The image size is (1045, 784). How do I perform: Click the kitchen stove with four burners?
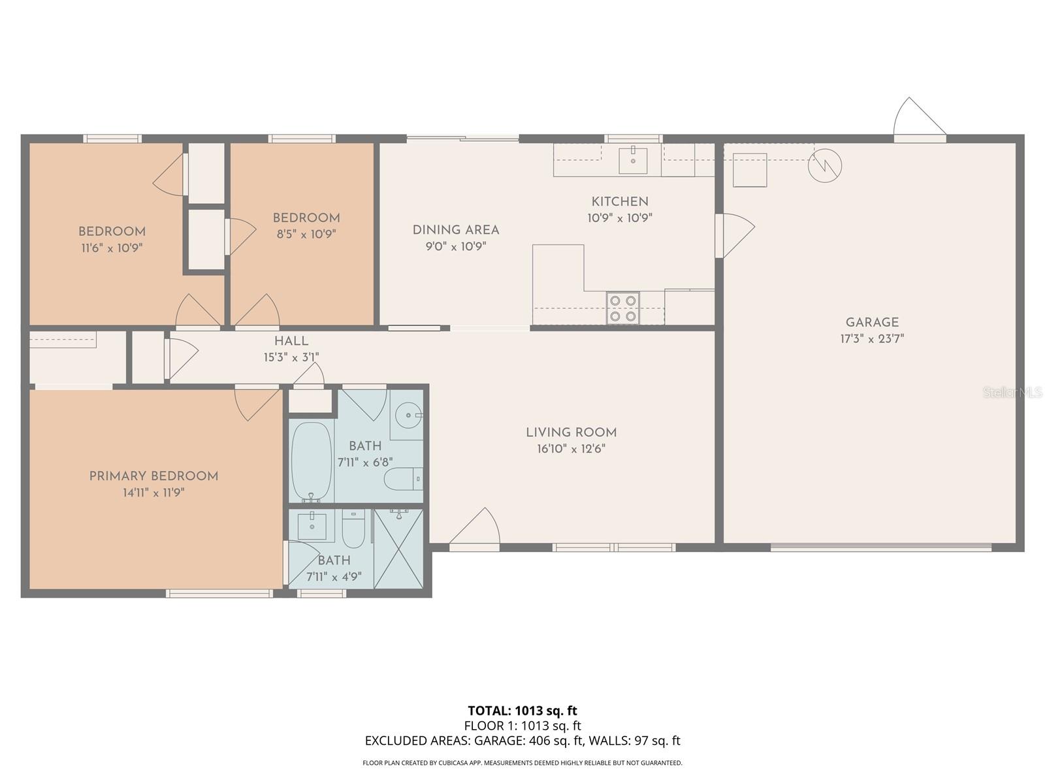pyautogui.click(x=622, y=308)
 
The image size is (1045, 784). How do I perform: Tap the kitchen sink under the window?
pyautogui.click(x=633, y=160)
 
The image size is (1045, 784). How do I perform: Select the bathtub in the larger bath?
pyautogui.click(x=312, y=461)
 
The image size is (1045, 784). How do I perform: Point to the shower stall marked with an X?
pyautogui.click(x=398, y=548)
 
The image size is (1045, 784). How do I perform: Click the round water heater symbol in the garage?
pyautogui.click(x=824, y=165)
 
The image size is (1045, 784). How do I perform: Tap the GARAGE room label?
pyautogui.click(x=872, y=322)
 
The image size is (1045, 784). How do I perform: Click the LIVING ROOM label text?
pyautogui.click(x=571, y=433)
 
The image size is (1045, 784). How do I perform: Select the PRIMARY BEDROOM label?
pyautogui.click(x=153, y=476)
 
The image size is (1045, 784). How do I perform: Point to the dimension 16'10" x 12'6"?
pyautogui.click(x=571, y=449)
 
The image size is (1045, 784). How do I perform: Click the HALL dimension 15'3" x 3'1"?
pyautogui.click(x=291, y=357)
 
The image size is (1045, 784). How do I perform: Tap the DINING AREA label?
pyautogui.click(x=456, y=230)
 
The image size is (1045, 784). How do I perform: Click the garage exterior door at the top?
pyautogui.click(x=918, y=121)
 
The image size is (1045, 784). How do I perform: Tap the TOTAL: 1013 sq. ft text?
pyautogui.click(x=522, y=710)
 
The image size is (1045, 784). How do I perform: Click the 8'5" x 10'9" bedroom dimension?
pyautogui.click(x=306, y=234)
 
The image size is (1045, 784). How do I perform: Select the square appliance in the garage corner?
pyautogui.click(x=749, y=170)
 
